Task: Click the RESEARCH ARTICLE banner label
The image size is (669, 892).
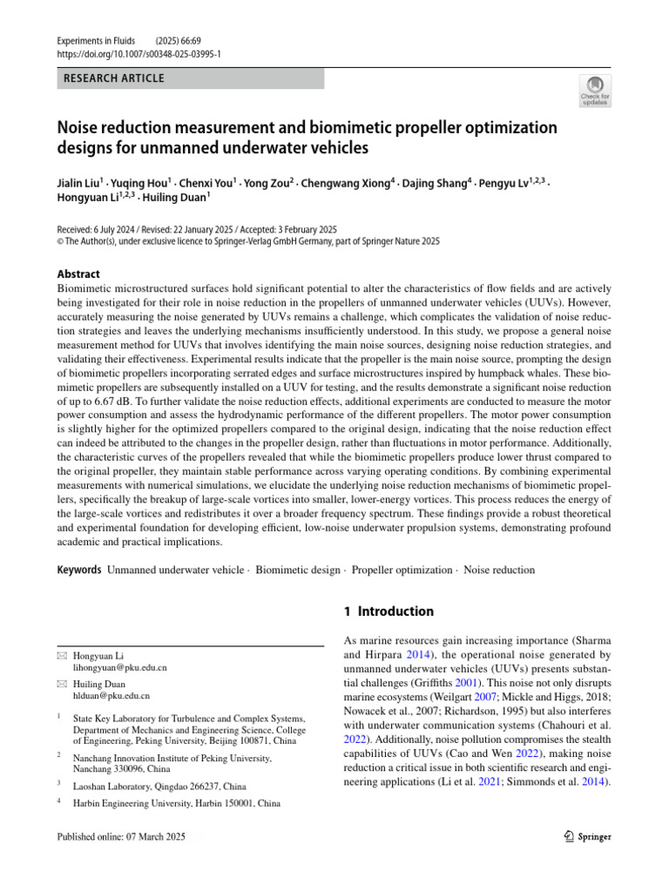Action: [113, 79]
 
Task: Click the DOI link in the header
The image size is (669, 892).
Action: [139, 53]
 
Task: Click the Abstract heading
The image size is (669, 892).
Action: [78, 274]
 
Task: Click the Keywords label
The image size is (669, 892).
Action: [78, 570]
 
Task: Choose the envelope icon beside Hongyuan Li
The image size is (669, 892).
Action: [61, 655]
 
